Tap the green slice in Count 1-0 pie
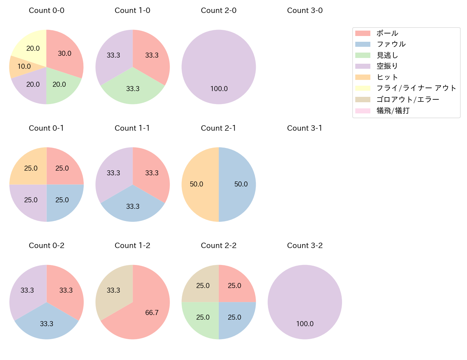(x=133, y=88)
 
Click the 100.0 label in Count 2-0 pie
(x=219, y=89)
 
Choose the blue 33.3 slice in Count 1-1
(x=133, y=206)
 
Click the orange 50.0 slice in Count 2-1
(x=198, y=184)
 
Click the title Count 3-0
(x=305, y=10)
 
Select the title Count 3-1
(x=305, y=128)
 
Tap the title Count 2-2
(x=218, y=246)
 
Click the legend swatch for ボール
(x=362, y=33)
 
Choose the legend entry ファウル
(x=391, y=44)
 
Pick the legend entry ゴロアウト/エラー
(x=408, y=99)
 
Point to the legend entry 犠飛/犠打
(x=393, y=111)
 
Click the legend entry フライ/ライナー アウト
(x=416, y=88)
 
